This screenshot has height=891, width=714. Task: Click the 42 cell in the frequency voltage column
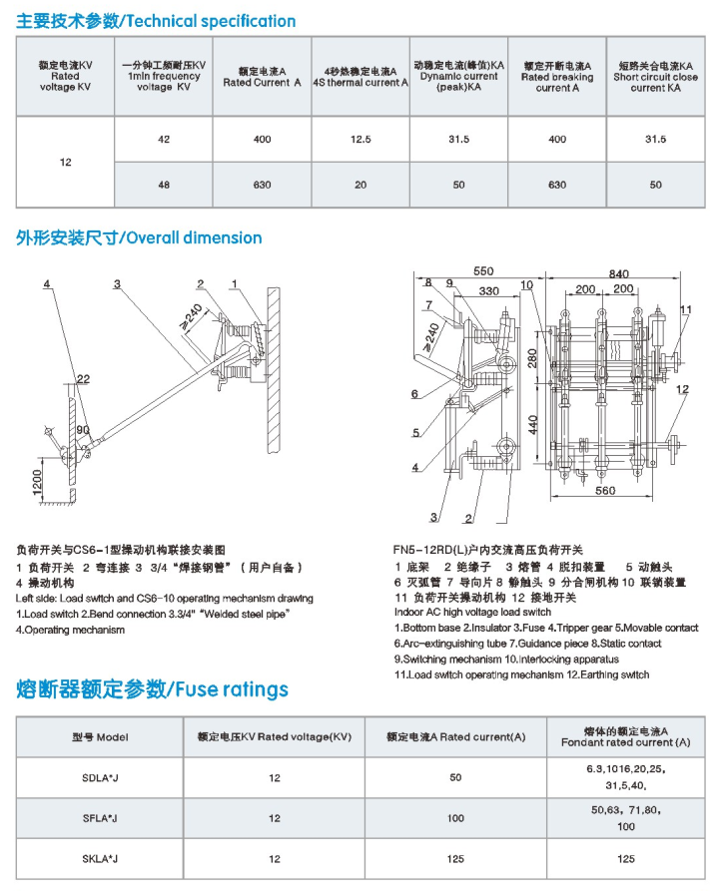tap(164, 140)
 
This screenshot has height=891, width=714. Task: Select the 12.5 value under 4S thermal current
tap(360, 140)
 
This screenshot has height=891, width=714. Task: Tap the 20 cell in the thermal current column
tap(360, 185)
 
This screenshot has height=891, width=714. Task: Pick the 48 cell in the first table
tap(164, 185)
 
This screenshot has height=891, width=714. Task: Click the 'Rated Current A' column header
tap(262, 78)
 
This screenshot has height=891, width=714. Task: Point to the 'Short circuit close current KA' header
tap(655, 76)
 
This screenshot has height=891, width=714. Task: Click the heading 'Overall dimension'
tap(139, 237)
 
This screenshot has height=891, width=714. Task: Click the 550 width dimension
tap(484, 271)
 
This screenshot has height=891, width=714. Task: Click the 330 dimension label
tap(490, 290)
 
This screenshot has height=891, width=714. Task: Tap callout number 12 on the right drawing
tap(682, 389)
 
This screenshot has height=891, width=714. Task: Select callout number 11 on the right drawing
tap(686, 309)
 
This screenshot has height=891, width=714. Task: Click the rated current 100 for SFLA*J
tap(455, 818)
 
